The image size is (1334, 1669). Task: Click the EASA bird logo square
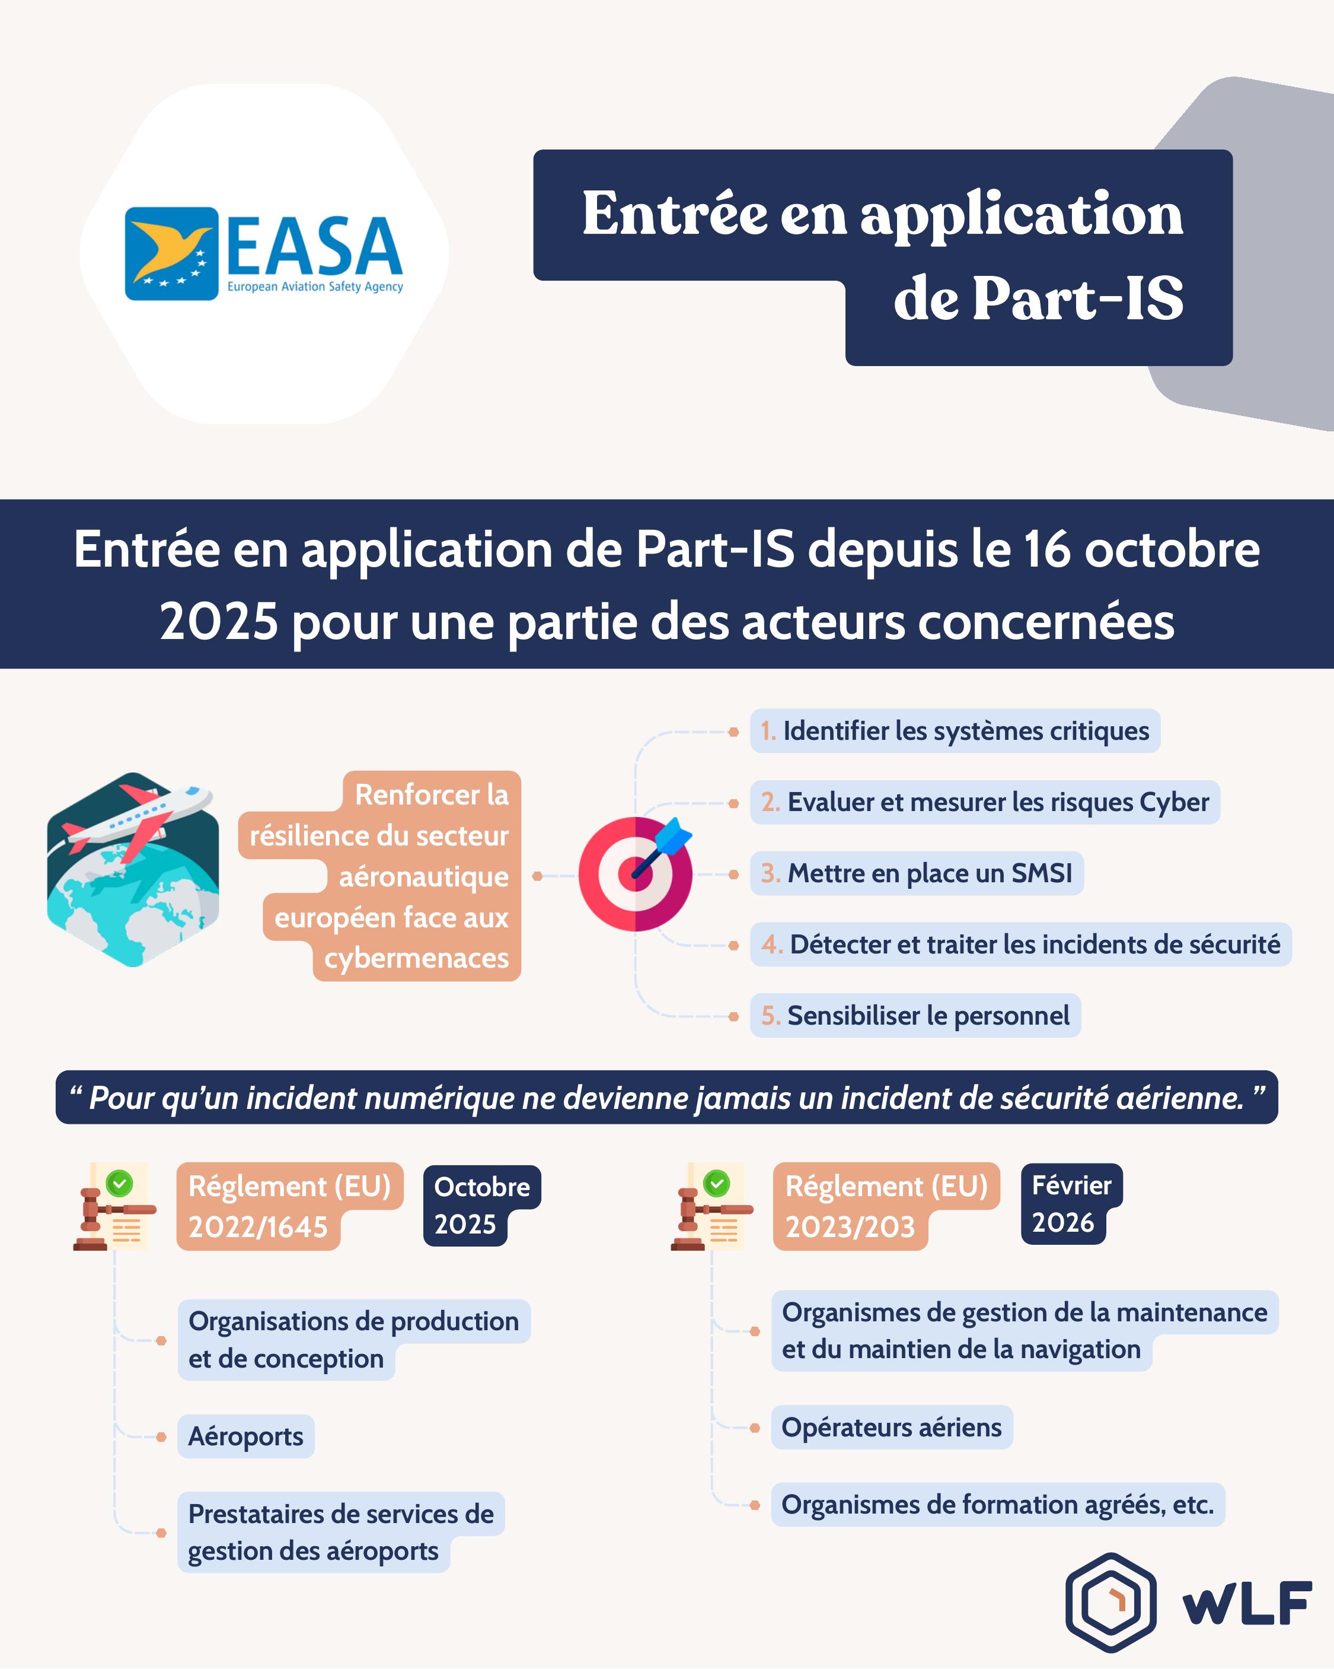click(x=172, y=253)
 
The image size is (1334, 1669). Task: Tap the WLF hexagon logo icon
click(x=1110, y=1603)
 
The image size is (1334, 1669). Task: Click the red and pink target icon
click(x=634, y=874)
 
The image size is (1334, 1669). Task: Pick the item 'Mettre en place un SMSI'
click(x=917, y=873)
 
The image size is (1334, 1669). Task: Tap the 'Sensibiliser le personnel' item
click(x=915, y=1016)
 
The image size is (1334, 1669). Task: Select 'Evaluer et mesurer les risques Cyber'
click(x=985, y=802)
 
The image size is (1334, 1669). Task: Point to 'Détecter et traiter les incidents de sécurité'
click(x=1020, y=945)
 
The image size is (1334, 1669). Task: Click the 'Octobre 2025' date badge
click(x=481, y=1205)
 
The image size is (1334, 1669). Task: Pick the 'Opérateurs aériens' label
click(x=891, y=1428)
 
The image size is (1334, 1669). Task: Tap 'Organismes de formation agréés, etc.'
click(x=997, y=1505)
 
